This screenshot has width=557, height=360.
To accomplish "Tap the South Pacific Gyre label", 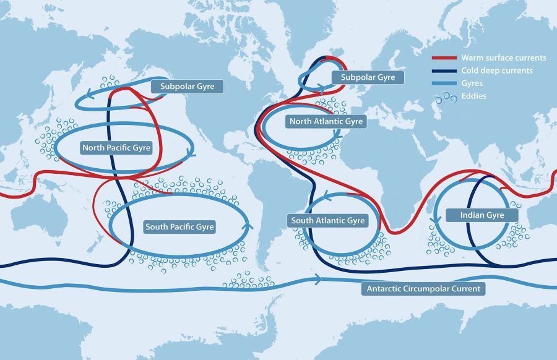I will [179, 227].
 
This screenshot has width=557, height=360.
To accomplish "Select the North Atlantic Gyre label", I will [326, 122].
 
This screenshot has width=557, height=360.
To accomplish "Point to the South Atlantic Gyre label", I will [329, 220].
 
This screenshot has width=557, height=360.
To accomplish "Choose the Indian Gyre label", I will [482, 215].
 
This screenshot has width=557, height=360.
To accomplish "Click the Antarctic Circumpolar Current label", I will [423, 289].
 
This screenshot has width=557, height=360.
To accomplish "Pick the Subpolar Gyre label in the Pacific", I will [188, 87].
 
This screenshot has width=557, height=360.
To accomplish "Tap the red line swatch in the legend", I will [444, 58].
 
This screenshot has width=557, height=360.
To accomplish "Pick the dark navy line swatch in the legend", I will [444, 71].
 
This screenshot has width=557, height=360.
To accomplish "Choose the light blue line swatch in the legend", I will [444, 84].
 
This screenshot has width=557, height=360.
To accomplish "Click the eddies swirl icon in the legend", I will [444, 96].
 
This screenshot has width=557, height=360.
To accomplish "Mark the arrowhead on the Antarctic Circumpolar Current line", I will [319, 280].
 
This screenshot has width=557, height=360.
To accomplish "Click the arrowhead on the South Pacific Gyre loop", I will [250, 225].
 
